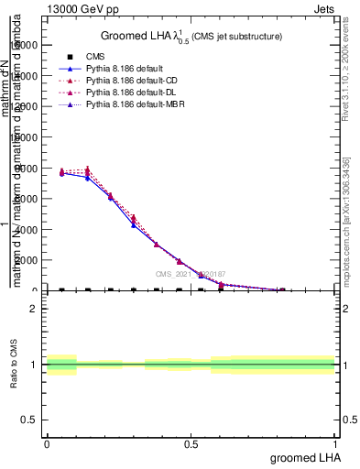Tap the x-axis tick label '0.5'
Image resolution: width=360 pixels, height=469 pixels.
tap(191, 443)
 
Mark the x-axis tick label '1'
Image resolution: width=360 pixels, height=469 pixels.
tap(335, 443)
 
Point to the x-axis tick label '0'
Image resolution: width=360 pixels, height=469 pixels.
tap(47, 443)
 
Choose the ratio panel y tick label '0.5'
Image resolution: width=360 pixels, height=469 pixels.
tap(30, 420)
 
